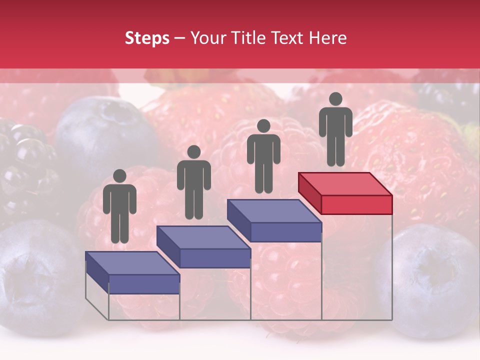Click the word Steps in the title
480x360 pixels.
pyautogui.click(x=147, y=38)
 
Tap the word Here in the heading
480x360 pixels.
pyautogui.click(x=327, y=38)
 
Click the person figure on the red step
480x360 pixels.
pyautogui.click(x=335, y=130)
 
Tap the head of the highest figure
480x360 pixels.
pyautogui.click(x=335, y=99)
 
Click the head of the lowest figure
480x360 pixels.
pyautogui.click(x=119, y=176)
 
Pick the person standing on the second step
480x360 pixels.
pyautogui.click(x=193, y=182)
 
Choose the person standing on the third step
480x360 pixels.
pyautogui.click(x=263, y=156)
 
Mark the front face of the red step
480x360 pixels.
pyautogui.click(x=356, y=204)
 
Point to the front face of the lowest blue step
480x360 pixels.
pyautogui.click(x=144, y=284)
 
